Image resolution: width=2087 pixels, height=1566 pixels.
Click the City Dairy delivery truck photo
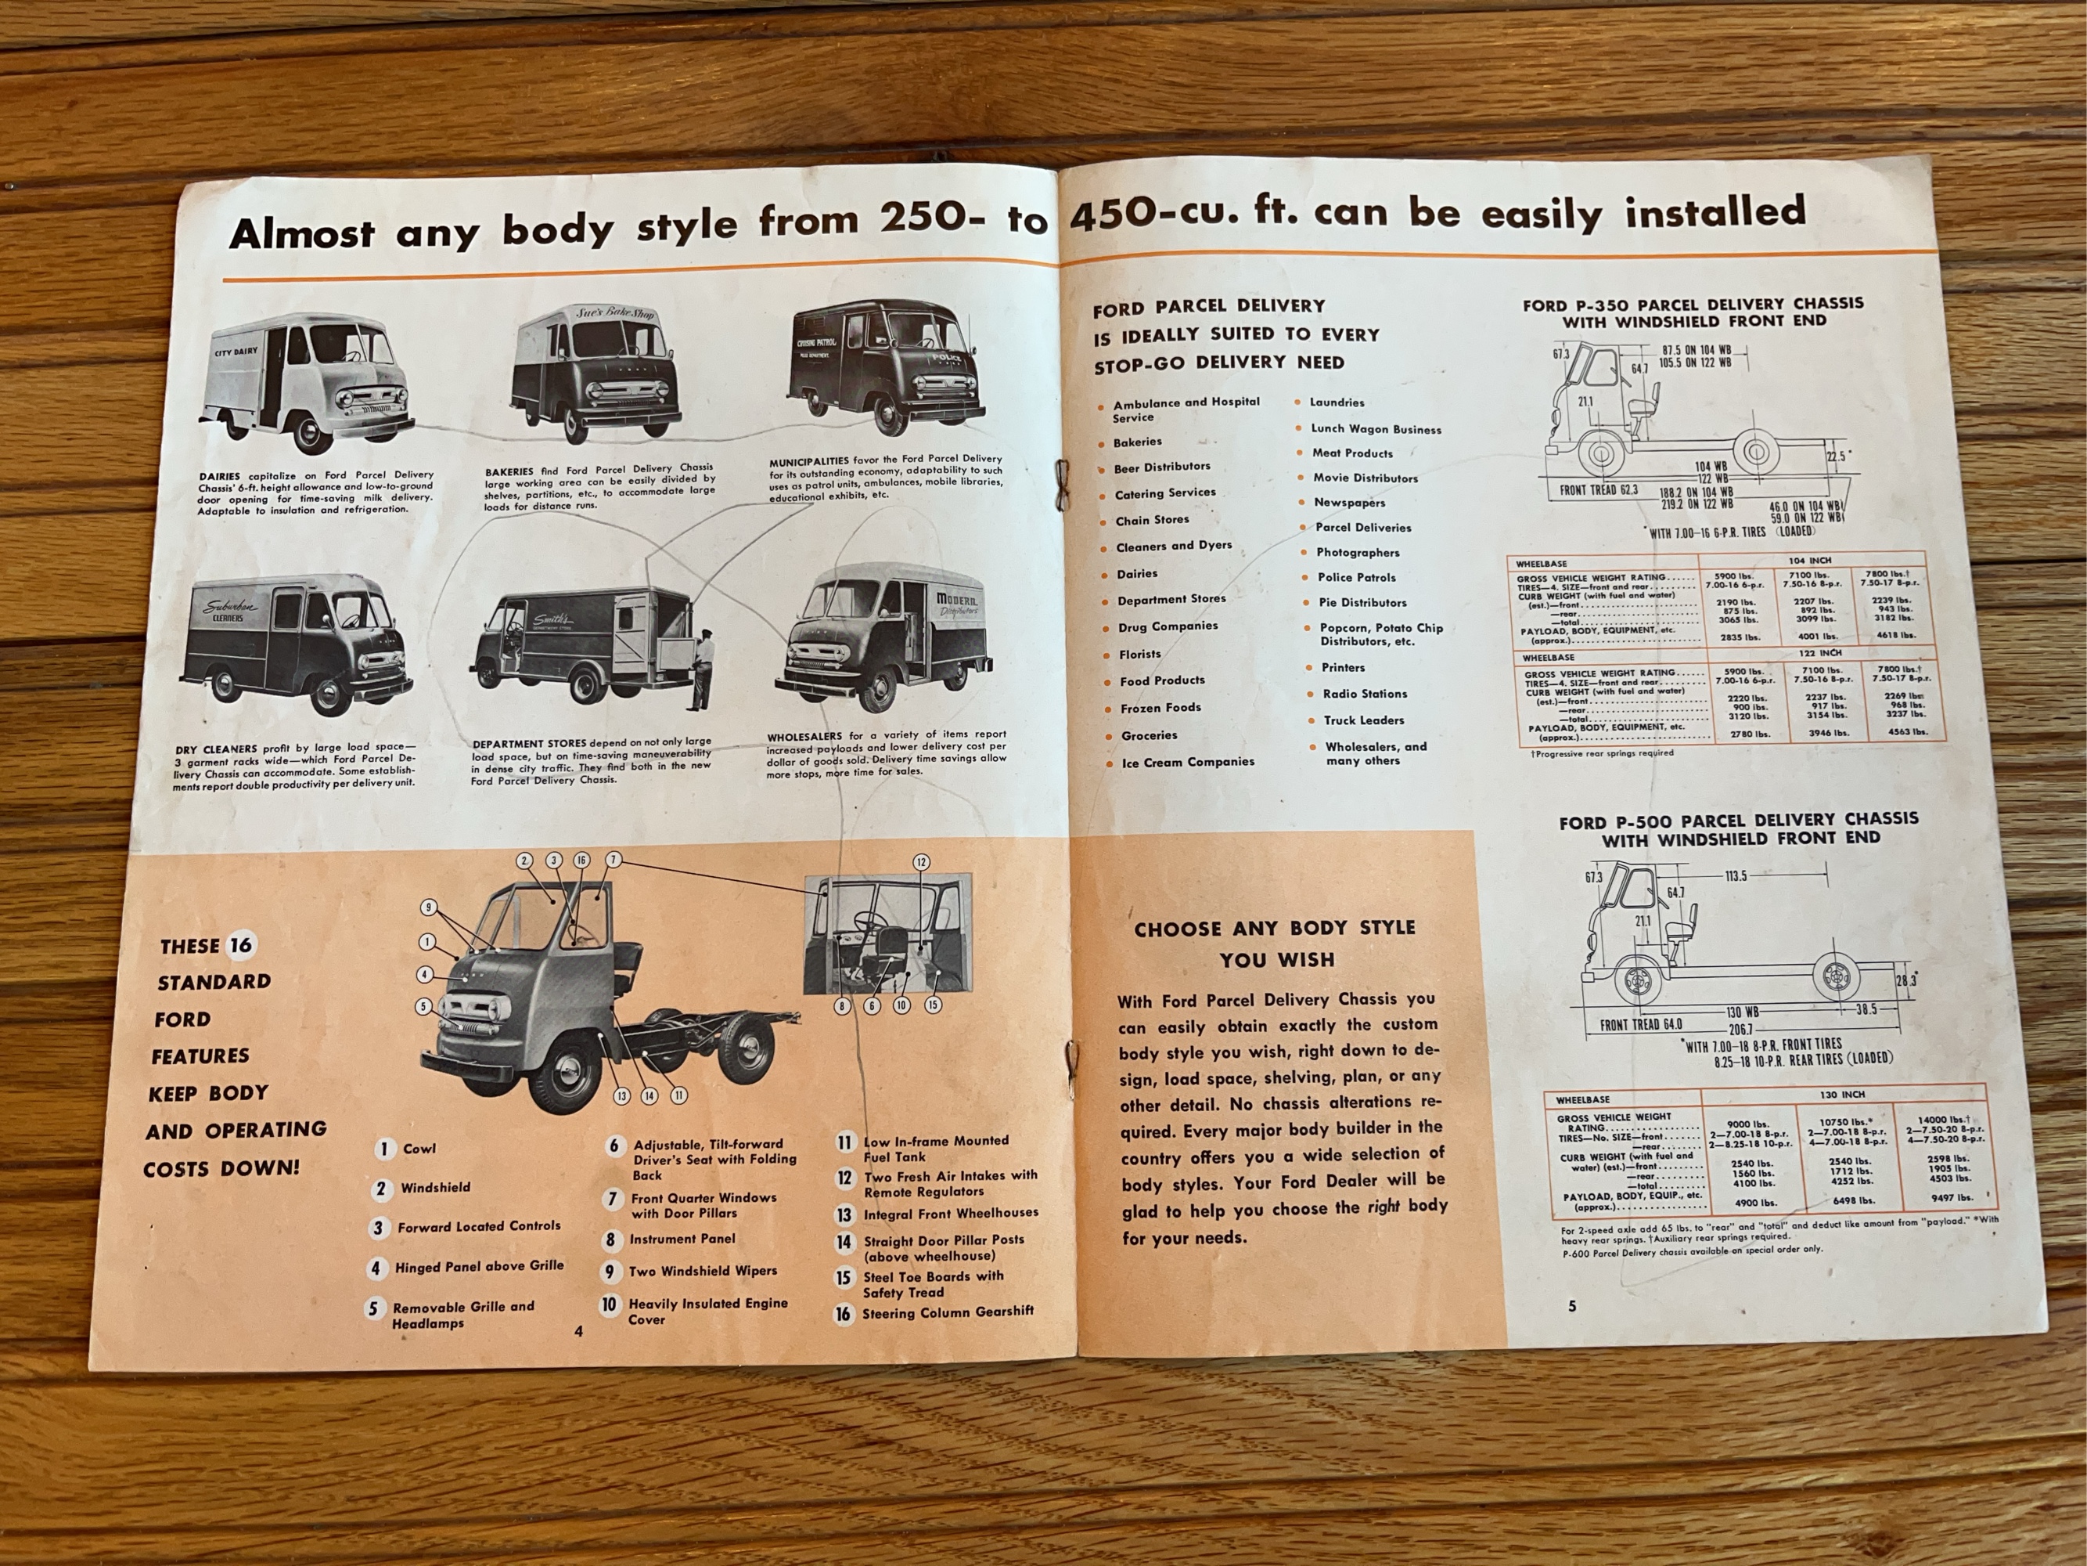[x=307, y=382]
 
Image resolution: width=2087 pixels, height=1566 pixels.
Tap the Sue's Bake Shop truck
[x=597, y=373]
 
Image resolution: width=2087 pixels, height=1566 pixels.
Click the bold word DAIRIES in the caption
[x=219, y=476]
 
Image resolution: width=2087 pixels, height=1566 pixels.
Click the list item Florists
[x=1139, y=654]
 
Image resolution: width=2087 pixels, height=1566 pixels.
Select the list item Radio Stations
[x=1364, y=694]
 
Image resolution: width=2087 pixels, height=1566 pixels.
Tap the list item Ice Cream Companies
[x=1188, y=762]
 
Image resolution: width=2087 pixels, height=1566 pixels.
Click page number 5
[x=1572, y=1306]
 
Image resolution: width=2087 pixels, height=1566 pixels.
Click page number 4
[x=578, y=1331]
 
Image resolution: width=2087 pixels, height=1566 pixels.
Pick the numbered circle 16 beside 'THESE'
[x=242, y=945]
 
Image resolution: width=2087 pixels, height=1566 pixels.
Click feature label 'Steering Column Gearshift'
[x=948, y=1312]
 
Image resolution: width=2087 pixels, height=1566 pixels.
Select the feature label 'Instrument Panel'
[x=682, y=1239]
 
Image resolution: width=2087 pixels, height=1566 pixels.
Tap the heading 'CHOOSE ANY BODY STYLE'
[x=1275, y=928]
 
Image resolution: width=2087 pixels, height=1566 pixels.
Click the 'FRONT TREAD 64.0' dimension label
[x=1641, y=1024]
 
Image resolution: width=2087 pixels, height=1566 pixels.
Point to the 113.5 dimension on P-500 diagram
[x=1736, y=876]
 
